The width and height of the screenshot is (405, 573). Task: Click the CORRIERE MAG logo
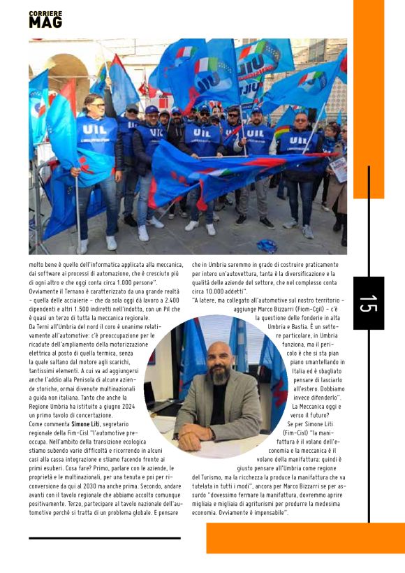coord(45,19)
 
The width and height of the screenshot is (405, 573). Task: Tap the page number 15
coord(368,303)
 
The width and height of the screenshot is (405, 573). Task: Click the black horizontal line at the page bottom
coord(105,538)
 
